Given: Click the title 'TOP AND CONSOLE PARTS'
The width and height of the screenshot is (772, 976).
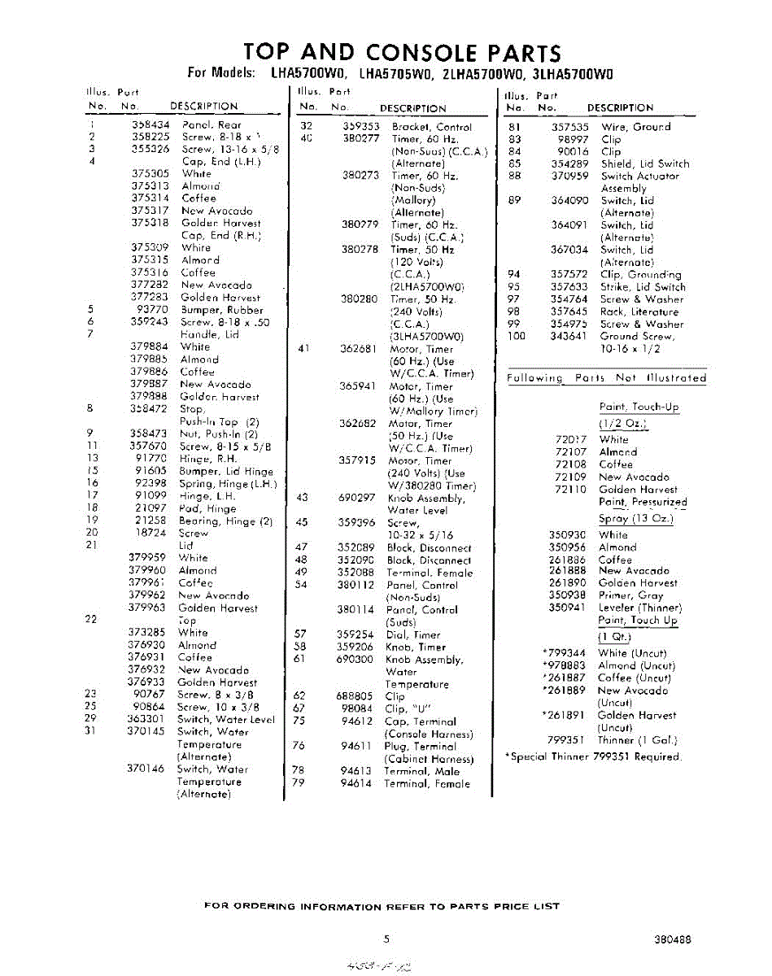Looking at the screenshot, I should pos(402,53).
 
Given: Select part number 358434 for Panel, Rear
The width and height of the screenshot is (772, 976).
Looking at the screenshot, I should pos(150,125).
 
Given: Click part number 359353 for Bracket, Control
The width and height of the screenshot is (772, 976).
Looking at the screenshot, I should pos(360,127).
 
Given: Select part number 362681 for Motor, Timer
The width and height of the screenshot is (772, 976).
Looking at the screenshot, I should pos(358,349).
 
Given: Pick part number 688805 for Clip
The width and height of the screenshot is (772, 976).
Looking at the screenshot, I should pos(355,696).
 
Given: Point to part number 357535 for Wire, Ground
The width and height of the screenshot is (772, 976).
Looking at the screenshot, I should pos(569,127).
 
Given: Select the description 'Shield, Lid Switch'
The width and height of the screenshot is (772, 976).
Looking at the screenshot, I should pos(645,163).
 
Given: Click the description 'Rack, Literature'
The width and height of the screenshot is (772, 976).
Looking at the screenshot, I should pos(639,312).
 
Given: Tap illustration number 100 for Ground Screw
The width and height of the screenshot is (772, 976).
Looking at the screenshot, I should pos(517,336).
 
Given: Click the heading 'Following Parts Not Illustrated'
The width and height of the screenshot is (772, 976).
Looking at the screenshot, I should pos(606,378).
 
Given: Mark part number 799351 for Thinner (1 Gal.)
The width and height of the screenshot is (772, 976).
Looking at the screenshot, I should pos(569,740).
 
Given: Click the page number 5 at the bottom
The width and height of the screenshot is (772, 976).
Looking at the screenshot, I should pos(386,938).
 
